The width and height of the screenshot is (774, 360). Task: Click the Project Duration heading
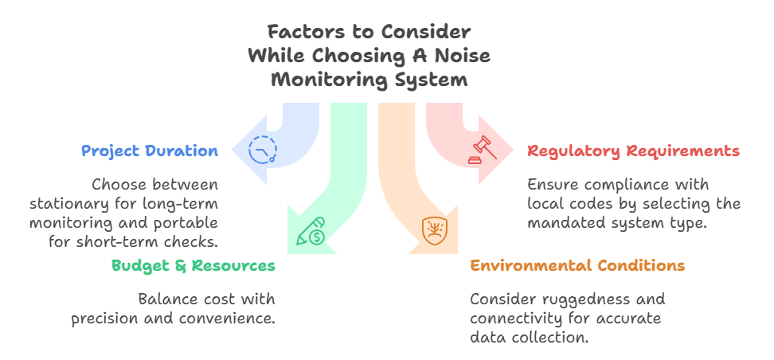click(149, 151)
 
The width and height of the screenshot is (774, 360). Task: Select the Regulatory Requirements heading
click(633, 151)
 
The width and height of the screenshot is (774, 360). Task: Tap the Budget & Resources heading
click(193, 265)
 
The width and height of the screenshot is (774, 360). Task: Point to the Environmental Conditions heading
click(577, 265)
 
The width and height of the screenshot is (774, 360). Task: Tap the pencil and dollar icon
click(310, 231)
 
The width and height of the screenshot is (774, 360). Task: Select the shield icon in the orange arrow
click(433, 231)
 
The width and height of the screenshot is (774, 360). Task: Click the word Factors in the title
click(298, 33)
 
